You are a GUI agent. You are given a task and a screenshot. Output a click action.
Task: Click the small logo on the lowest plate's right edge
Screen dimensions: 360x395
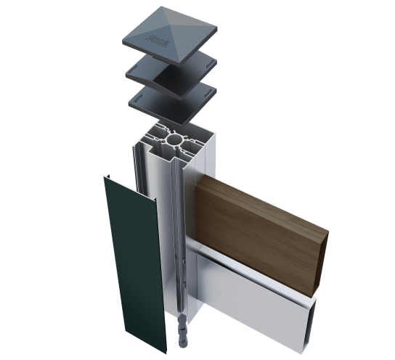point(212,95)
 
